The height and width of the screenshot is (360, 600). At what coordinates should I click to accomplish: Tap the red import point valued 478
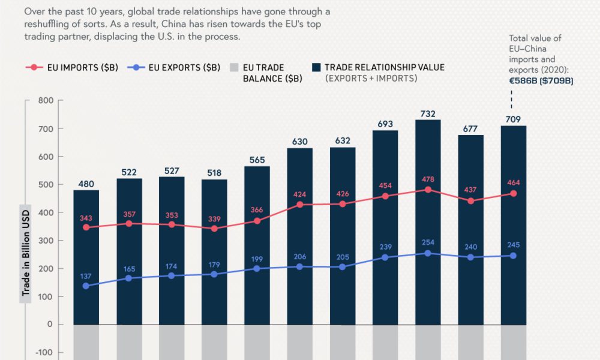(x=428, y=190)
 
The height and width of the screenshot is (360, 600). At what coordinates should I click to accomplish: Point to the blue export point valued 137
(x=86, y=286)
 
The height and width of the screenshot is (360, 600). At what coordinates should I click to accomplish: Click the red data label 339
(x=214, y=218)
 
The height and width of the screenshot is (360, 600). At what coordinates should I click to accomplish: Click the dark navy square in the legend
(x=316, y=68)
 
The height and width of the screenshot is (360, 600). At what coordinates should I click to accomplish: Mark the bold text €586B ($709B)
(x=541, y=80)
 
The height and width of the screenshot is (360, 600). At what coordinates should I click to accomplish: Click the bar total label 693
(x=385, y=124)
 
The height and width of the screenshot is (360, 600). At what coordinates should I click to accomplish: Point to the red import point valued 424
(x=300, y=205)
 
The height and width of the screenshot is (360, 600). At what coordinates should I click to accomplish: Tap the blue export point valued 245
(x=514, y=256)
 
